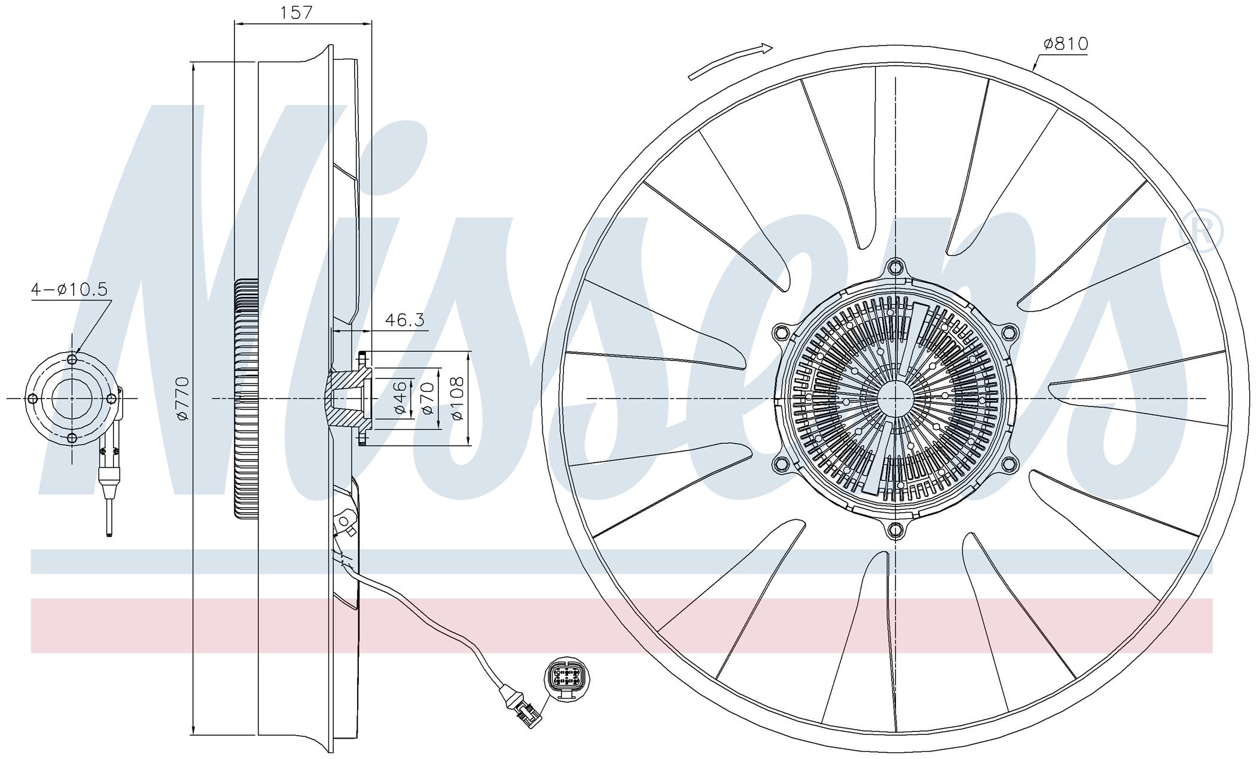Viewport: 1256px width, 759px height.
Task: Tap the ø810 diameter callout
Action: (1066, 44)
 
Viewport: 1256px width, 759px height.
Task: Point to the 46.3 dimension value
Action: (404, 320)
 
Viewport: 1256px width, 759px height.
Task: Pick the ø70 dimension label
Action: (426, 399)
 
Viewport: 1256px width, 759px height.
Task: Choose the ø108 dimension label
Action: (457, 398)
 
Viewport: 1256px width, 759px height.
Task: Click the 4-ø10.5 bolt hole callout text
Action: (69, 290)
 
